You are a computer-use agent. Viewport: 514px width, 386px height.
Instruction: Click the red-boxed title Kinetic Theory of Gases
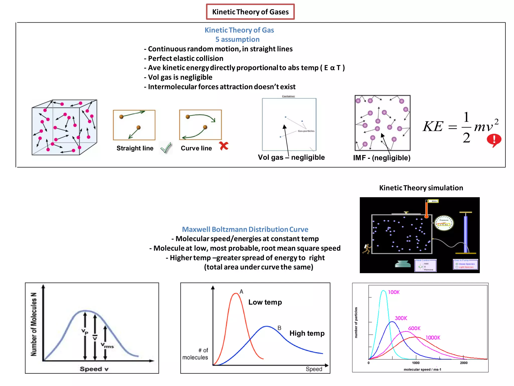tap(250, 12)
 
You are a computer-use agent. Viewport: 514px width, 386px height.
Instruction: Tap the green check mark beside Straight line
tap(166, 148)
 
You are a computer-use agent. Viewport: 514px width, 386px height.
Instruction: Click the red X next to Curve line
tap(224, 146)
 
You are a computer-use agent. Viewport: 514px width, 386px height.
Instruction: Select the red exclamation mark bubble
tap(494, 140)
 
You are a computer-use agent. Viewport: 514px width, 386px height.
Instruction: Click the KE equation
tap(460, 127)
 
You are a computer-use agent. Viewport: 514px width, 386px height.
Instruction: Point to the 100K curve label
tap(394, 292)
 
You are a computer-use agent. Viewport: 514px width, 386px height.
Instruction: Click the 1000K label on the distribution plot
tap(433, 338)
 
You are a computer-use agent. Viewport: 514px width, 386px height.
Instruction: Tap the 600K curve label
tap(414, 328)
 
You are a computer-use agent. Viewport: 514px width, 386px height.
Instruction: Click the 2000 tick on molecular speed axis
tap(464, 363)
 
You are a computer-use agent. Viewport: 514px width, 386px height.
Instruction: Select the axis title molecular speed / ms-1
tap(422, 369)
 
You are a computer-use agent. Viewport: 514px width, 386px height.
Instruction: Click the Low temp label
tap(265, 302)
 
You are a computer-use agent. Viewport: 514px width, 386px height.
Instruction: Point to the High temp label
tap(307, 333)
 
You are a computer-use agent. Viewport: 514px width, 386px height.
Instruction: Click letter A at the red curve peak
tap(241, 292)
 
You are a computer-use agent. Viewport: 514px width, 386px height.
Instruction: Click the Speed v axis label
tap(94, 369)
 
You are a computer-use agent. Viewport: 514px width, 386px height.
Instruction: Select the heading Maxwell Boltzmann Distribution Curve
tap(245, 229)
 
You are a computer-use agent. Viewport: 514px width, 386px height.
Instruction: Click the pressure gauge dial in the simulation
tap(444, 223)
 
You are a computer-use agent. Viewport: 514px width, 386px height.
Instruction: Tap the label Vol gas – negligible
tap(291, 157)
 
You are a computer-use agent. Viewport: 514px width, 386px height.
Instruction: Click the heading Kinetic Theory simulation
tap(421, 188)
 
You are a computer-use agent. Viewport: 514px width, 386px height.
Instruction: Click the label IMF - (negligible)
tap(381, 158)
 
